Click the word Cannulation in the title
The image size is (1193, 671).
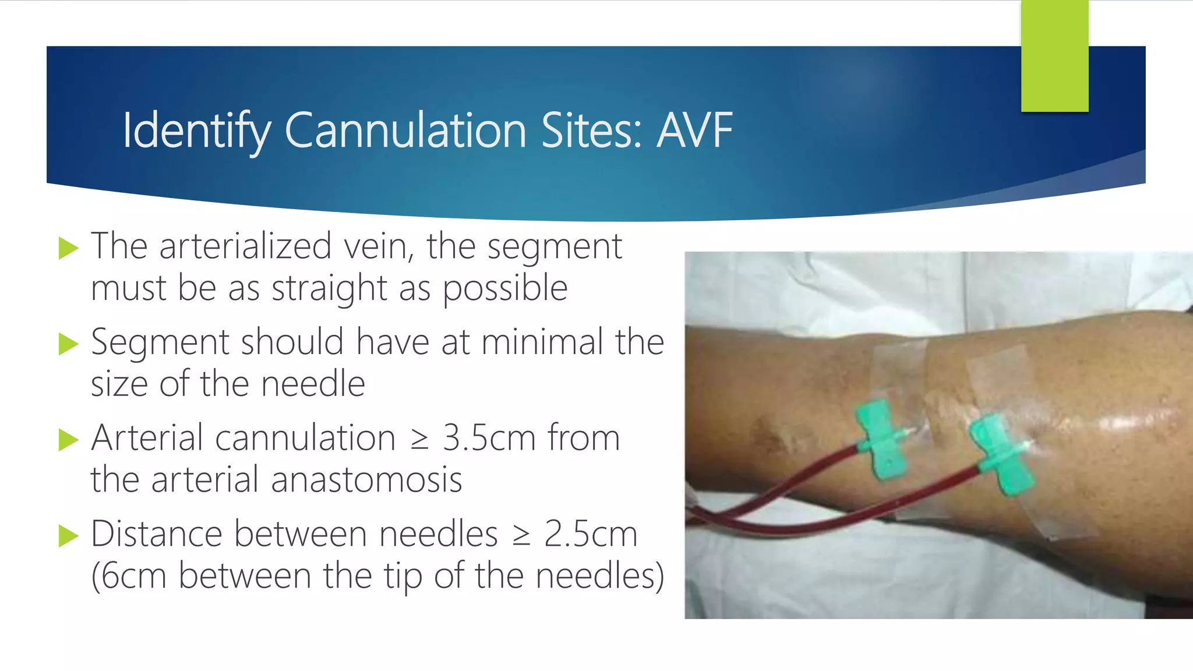407,130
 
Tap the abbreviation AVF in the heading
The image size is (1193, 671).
694,130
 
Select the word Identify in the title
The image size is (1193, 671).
196,132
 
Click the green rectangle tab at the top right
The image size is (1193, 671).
1054,56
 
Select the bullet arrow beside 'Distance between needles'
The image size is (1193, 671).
68,536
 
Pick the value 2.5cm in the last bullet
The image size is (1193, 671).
591,534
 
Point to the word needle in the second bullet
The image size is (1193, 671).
313,384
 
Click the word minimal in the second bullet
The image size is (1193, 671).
542,342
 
